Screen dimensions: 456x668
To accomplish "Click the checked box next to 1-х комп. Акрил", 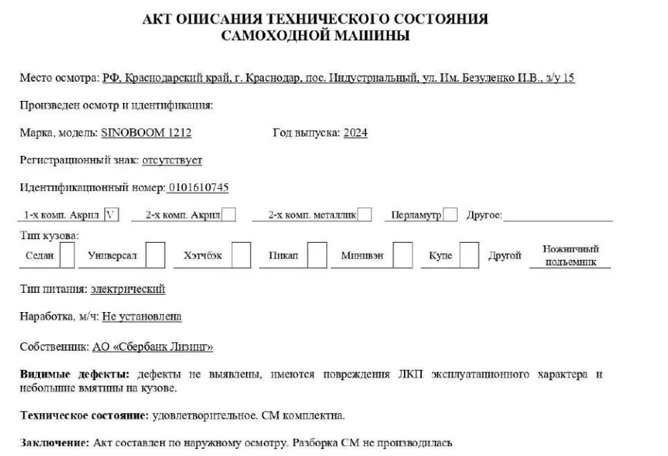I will coord(110,214).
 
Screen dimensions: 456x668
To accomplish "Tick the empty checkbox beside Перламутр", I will coord(450,214).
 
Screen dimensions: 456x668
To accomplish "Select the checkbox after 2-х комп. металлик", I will coord(364,214).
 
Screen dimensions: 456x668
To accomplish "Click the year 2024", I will coord(355,132).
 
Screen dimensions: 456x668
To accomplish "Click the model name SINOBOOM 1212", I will coord(147,132).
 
